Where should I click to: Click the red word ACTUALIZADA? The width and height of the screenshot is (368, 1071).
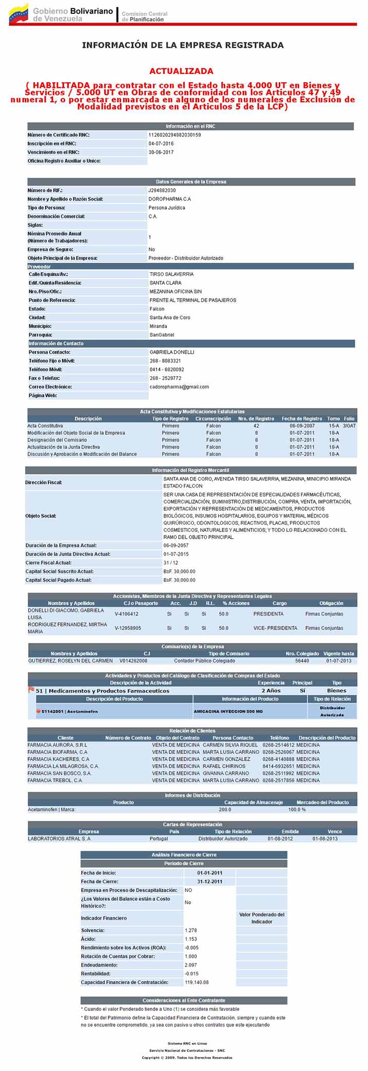tap(181, 71)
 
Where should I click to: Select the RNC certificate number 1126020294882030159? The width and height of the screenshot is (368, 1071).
tap(175, 135)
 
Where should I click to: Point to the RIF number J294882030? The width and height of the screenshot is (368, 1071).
tap(162, 190)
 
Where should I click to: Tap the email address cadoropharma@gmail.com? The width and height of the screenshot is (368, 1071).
tap(179, 386)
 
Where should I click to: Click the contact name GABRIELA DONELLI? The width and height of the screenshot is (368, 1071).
tap(171, 352)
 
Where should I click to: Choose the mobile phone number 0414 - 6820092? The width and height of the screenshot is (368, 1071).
tap(167, 370)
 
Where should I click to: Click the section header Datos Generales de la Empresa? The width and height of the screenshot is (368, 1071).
tap(191, 181)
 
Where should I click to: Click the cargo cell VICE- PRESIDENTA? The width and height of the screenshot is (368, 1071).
tap(275, 628)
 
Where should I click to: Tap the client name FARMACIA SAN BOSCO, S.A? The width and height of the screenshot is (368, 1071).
tap(60, 773)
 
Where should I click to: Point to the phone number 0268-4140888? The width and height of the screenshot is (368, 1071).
tap(278, 759)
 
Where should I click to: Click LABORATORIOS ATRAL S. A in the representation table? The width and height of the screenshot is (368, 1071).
tap(59, 838)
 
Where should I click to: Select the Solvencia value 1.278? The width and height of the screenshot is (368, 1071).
tap(191, 930)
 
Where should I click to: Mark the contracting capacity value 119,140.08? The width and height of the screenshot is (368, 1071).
tap(197, 982)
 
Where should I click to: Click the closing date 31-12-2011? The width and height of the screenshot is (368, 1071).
tap(209, 881)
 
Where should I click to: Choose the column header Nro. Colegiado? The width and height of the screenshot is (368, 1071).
tap(302, 654)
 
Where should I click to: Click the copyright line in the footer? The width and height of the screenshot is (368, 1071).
tap(187, 1057)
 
